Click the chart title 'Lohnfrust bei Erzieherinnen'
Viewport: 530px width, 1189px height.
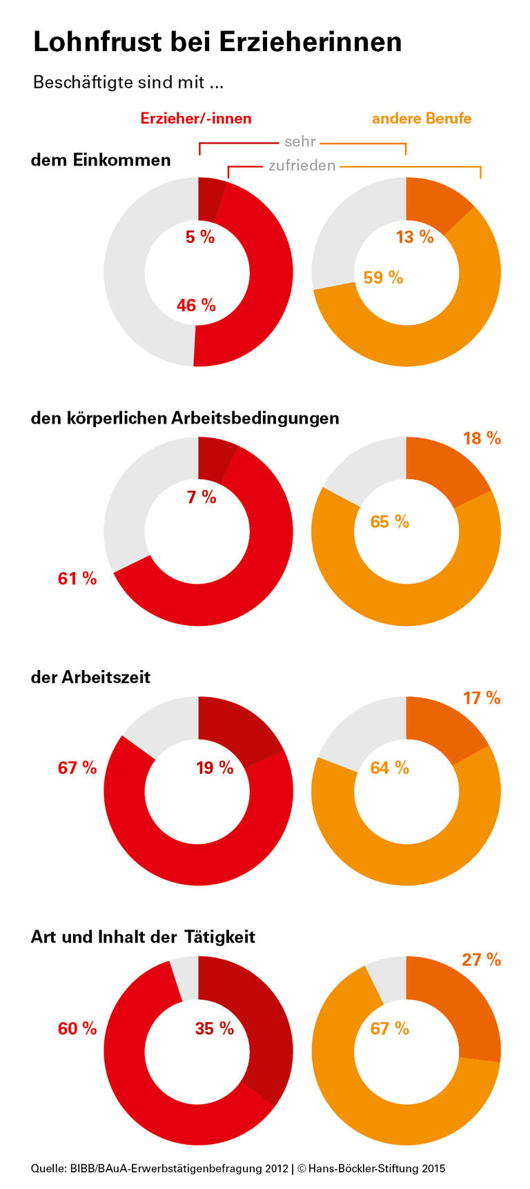coord(217,42)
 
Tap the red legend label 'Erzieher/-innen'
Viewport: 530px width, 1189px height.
coord(196,119)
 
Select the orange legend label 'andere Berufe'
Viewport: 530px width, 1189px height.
coord(422,119)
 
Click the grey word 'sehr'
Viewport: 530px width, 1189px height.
coord(300,141)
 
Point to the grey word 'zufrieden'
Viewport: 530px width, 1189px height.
coord(302,166)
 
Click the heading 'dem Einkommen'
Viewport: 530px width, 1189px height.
coord(101,160)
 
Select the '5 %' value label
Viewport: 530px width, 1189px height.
coord(200,237)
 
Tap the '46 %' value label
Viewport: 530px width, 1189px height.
coord(196,305)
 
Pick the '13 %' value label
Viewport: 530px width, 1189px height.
coord(415,237)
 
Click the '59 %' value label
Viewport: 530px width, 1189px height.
coord(383,277)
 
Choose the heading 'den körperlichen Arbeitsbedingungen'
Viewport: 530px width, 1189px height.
coord(185,418)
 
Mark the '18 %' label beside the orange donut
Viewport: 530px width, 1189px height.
coord(482,438)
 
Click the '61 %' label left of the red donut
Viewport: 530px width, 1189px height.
coord(77,578)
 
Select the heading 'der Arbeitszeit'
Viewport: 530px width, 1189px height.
coord(90,677)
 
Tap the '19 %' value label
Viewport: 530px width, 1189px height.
coord(215,767)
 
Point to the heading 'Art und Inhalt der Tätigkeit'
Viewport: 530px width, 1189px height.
coord(143,937)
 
